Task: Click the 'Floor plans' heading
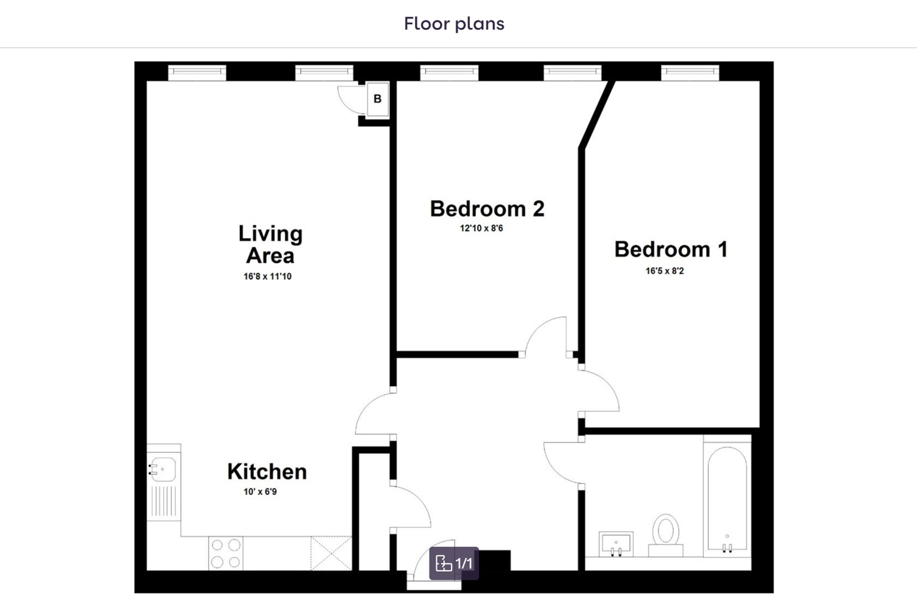[x=454, y=24]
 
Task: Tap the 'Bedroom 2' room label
[x=487, y=209]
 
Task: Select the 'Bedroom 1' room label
[x=671, y=249]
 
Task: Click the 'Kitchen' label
[x=267, y=471]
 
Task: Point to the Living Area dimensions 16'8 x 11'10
[x=267, y=277]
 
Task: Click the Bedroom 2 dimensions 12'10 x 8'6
[x=481, y=229]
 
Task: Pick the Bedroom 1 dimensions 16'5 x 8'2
[x=665, y=271]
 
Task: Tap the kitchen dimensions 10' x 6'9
[x=260, y=492]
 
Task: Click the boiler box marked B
[x=378, y=99]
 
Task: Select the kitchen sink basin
[x=163, y=469]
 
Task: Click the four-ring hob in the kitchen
[x=225, y=553]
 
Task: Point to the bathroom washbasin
[x=616, y=544]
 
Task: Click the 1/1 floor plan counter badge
[x=454, y=563]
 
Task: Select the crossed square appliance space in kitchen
[x=331, y=553]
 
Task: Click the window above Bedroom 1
[x=690, y=73]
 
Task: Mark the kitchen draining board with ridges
[x=164, y=501]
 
